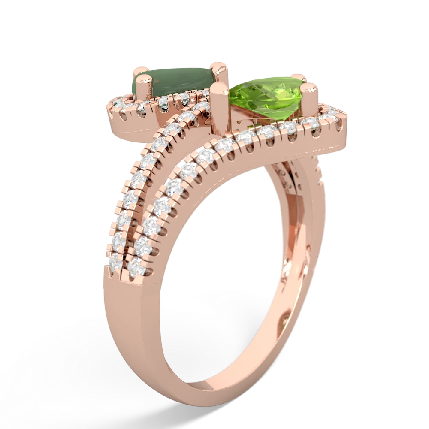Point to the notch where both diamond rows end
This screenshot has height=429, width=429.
(124, 275)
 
